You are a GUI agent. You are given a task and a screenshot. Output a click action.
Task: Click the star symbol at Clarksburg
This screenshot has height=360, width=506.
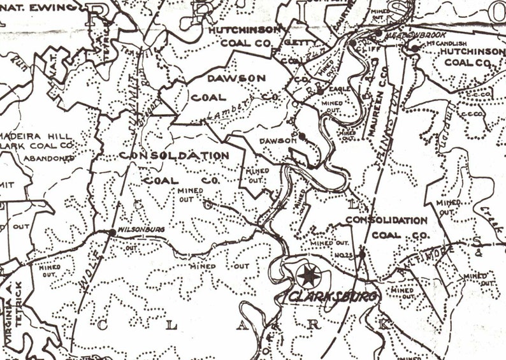tap(309, 276)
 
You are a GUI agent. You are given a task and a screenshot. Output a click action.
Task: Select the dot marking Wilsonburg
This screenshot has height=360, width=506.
tap(112, 233)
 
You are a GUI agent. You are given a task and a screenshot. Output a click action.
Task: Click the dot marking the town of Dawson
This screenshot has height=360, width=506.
tap(301, 136)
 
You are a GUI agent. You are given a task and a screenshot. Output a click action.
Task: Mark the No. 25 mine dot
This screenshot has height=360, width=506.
tap(361, 254)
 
